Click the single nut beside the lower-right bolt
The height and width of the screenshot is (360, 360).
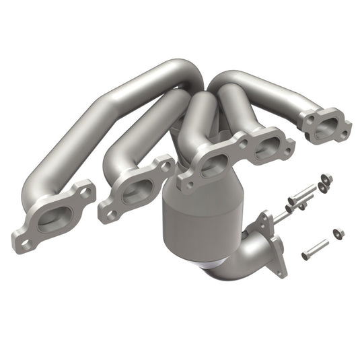coord(338,233)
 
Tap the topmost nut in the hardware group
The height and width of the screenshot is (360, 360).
coord(326,178)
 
